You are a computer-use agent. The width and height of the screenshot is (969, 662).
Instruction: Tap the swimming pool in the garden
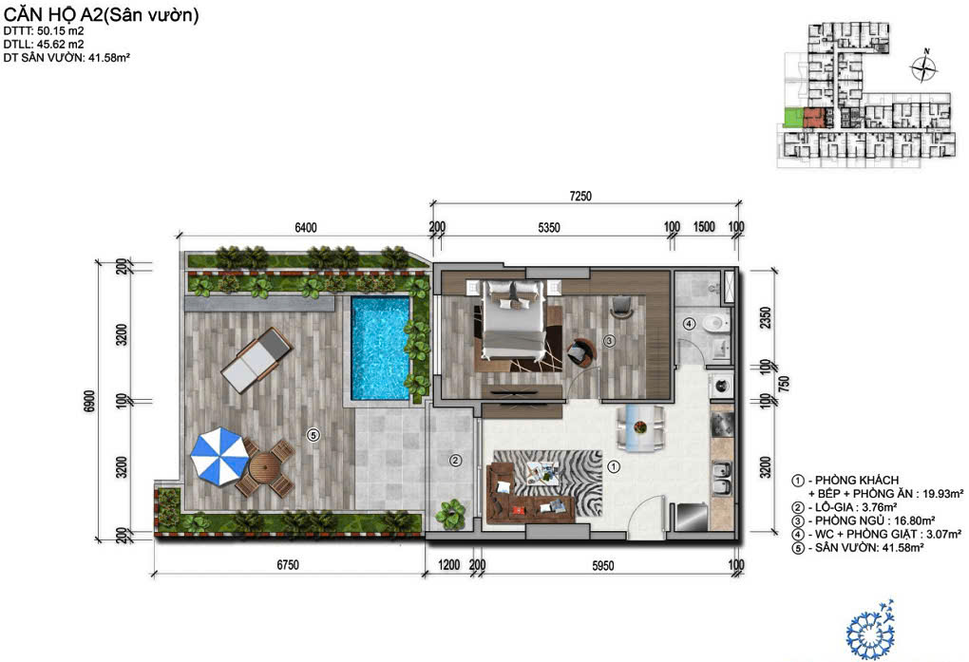tap(381, 348)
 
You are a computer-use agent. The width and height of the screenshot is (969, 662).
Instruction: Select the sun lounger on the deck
tap(256, 360)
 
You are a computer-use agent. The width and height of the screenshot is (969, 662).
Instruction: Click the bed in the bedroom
tap(514, 319)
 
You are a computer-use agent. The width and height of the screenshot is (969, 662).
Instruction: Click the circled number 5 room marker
tap(313, 436)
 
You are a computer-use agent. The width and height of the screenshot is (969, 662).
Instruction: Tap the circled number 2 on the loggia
tap(455, 460)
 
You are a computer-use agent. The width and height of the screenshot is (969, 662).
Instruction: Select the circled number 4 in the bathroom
tap(689, 323)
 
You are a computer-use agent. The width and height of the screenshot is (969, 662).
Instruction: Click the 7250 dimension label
tap(580, 196)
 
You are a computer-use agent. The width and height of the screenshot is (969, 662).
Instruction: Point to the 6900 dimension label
tap(89, 402)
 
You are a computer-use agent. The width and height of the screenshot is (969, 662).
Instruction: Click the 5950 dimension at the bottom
tap(602, 565)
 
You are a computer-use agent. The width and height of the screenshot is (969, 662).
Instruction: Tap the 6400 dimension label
tap(305, 227)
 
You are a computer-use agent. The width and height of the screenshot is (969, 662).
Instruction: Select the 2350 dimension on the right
tap(766, 318)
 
